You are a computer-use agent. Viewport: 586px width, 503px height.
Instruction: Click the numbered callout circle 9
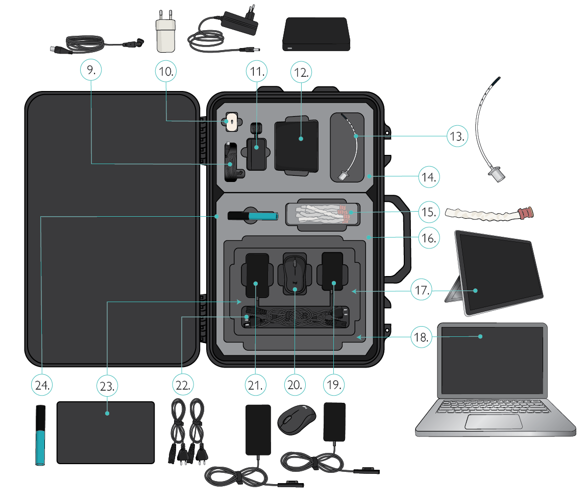point(91,72)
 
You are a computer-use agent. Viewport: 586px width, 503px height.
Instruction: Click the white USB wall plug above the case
point(164,36)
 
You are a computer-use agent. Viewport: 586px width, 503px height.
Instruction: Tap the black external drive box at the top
point(316,35)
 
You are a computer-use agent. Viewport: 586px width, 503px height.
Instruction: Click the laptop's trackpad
point(494,422)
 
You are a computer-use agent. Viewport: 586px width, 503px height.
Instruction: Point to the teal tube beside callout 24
point(40,435)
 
